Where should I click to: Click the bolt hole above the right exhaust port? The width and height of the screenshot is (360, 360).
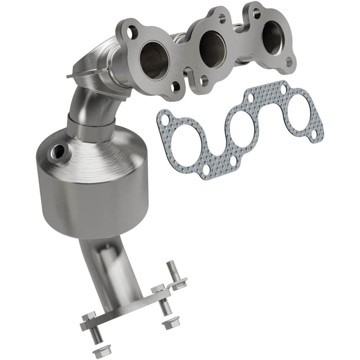(x=257, y=14)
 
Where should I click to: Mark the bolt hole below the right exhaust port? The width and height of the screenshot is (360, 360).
(x=289, y=62)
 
